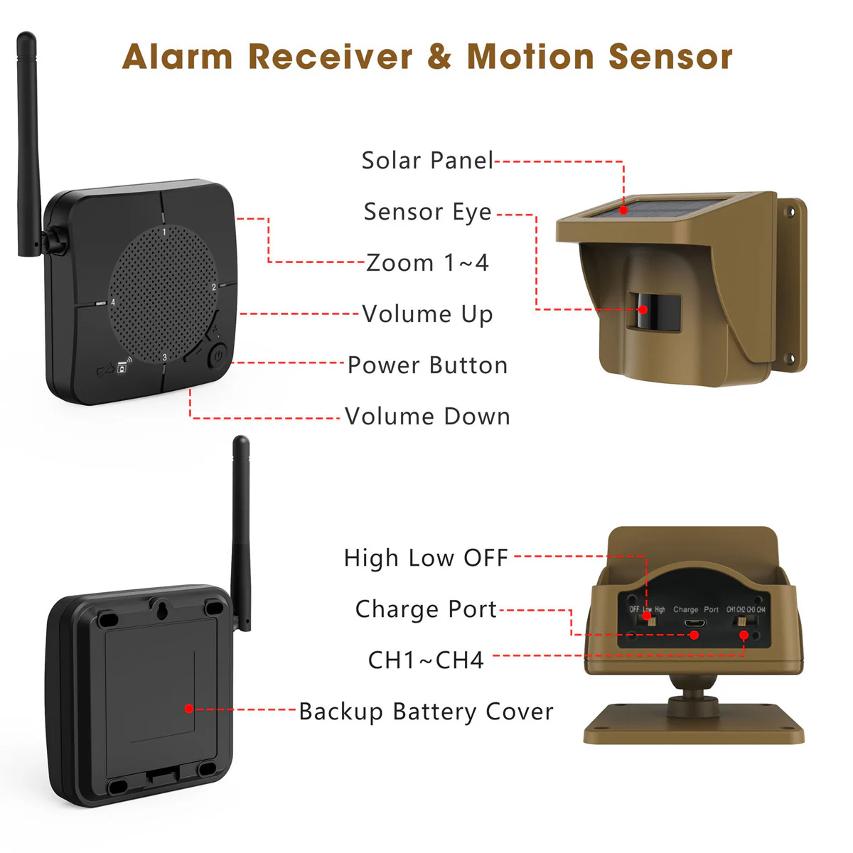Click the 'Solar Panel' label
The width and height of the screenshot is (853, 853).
427,161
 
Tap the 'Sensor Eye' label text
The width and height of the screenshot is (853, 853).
427,212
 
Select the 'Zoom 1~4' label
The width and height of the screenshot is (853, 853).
427,263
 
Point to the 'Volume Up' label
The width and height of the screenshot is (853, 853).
427,314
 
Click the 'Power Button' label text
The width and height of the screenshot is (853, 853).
427,365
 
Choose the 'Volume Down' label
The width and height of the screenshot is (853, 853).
427,417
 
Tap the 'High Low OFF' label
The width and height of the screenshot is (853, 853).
426,558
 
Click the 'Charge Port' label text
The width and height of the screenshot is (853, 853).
426,609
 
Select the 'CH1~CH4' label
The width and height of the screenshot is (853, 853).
426,660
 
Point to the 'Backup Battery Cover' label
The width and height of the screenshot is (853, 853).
426,712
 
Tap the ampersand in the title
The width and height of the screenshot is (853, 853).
439,57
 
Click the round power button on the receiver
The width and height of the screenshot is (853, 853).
217,355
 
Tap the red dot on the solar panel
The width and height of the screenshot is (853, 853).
623,210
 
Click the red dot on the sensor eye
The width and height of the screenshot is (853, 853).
643,309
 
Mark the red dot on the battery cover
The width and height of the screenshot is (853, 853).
188,709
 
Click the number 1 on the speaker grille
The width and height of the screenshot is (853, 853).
164,232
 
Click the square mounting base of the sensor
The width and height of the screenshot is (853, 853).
694,725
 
